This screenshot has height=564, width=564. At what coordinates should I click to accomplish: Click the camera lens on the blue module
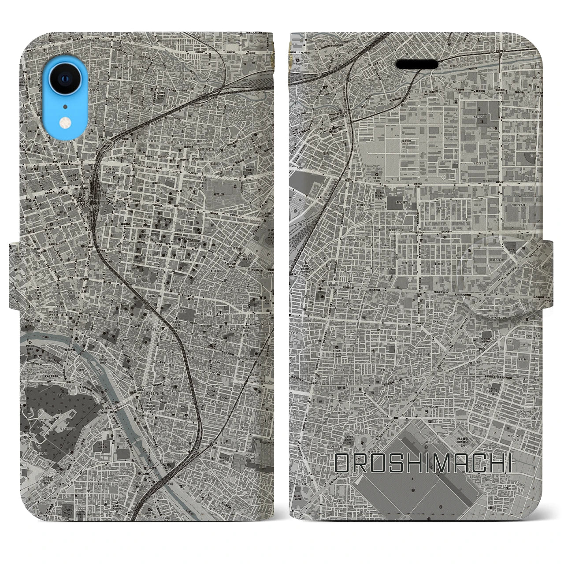tap(65, 79)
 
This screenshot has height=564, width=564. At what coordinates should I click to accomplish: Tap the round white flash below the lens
tap(65, 122)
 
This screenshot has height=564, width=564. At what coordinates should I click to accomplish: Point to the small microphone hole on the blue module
tap(65, 106)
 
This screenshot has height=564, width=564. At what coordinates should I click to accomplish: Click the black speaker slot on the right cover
tap(417, 64)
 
